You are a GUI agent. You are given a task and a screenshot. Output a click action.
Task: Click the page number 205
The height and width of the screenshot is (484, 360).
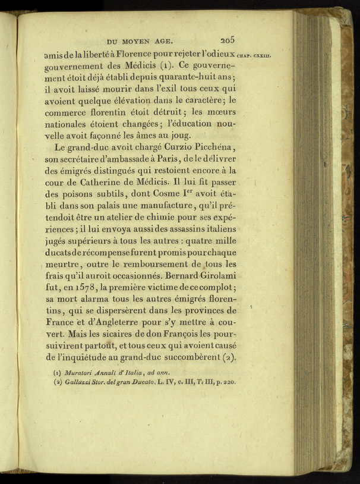[228, 40]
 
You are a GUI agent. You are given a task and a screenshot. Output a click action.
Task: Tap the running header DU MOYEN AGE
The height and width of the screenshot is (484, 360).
[139, 42]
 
